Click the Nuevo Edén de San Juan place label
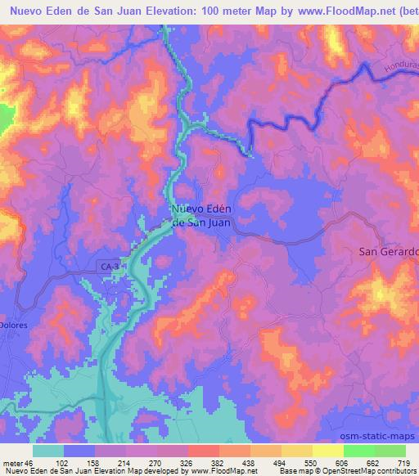pyautogui.click(x=200, y=214)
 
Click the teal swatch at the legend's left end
pyautogui.click(x=48, y=451)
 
